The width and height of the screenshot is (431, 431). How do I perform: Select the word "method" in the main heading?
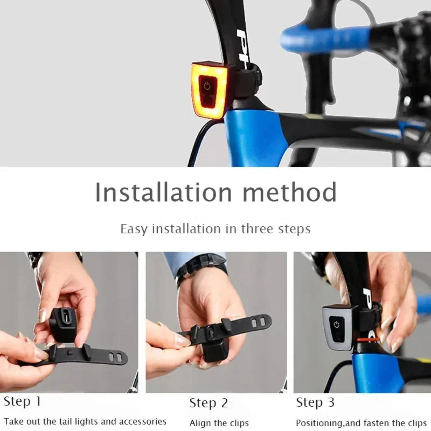point(290,192)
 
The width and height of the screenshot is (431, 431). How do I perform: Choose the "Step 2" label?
point(209,403)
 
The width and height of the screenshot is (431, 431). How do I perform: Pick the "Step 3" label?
point(315,402)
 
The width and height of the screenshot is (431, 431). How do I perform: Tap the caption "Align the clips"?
point(219,423)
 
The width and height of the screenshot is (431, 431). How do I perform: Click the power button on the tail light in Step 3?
point(336,325)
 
